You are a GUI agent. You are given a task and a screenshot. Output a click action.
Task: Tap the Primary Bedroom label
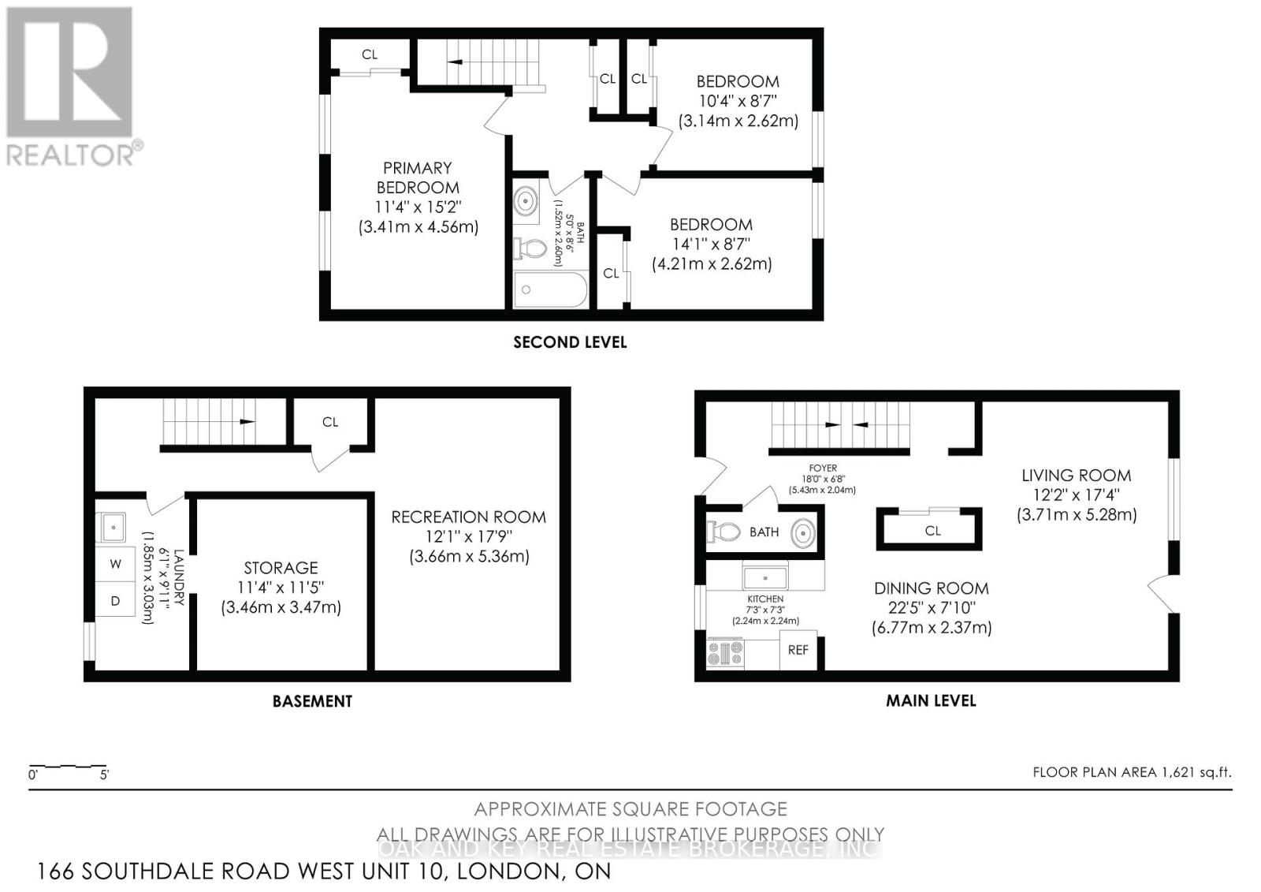pyautogui.click(x=418, y=177)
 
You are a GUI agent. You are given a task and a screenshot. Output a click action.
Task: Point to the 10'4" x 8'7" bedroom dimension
pyautogui.click(x=738, y=101)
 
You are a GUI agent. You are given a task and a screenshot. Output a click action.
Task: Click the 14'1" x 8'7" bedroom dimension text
pyautogui.click(x=711, y=244)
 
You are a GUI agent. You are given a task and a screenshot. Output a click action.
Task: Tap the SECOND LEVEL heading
pyautogui.click(x=570, y=342)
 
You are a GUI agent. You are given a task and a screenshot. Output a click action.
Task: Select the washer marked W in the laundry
pyautogui.click(x=116, y=564)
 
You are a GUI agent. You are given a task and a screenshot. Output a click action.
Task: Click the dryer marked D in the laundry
pyautogui.click(x=116, y=601)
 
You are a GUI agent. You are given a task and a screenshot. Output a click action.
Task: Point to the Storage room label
pyautogui.click(x=281, y=568)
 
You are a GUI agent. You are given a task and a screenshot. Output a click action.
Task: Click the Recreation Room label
pyautogui.click(x=468, y=517)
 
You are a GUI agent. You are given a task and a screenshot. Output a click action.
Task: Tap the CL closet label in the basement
pyautogui.click(x=330, y=423)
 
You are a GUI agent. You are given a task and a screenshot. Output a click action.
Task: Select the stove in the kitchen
pyautogui.click(x=725, y=654)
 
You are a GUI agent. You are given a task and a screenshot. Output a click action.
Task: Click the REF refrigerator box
pyautogui.click(x=798, y=650)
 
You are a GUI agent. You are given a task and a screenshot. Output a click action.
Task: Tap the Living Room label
pyautogui.click(x=1076, y=476)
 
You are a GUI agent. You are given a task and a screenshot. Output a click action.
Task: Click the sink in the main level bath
pyautogui.click(x=802, y=532)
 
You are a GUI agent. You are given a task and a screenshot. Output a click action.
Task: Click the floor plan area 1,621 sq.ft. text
pyautogui.click(x=1132, y=772)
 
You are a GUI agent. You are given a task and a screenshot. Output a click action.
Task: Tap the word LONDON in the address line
pyautogui.click(x=504, y=871)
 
